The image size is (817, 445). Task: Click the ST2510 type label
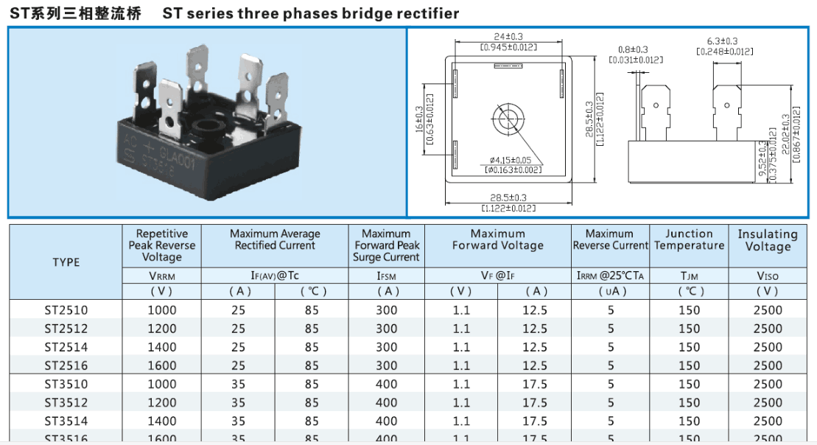click(x=66, y=310)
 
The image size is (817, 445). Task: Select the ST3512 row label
click(x=66, y=403)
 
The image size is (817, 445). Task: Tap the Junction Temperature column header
click(x=689, y=239)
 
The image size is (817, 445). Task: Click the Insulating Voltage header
click(x=768, y=240)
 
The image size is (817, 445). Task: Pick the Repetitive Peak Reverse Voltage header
click(x=162, y=245)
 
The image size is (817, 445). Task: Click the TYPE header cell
click(x=66, y=262)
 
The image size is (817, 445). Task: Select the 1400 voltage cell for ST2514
click(x=162, y=347)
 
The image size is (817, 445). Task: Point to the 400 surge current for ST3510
click(x=386, y=385)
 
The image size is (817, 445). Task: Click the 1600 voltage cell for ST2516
click(x=162, y=365)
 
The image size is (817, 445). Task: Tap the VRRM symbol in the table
click(x=162, y=276)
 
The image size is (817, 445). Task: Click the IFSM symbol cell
click(x=386, y=276)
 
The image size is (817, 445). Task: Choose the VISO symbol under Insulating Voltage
click(x=768, y=276)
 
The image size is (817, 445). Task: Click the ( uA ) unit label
click(x=611, y=291)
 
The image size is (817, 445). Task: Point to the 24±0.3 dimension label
click(x=508, y=37)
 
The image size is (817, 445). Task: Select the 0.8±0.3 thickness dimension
click(x=634, y=49)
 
